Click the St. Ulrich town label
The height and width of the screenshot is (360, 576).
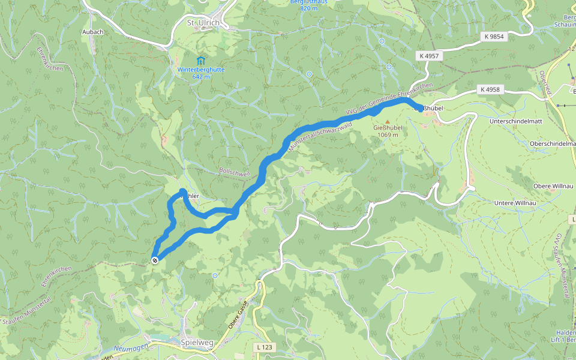click(203, 23)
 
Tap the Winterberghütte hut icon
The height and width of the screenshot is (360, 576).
click(200, 61)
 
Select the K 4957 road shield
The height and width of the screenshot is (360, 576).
click(429, 56)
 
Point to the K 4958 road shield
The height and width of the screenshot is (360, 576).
click(490, 89)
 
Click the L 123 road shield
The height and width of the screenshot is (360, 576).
click(263, 347)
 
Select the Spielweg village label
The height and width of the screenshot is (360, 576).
click(197, 343)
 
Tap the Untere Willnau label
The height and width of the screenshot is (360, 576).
click(514, 203)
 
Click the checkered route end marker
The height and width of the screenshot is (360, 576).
click(155, 260)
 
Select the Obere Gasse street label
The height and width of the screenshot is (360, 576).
click(237, 316)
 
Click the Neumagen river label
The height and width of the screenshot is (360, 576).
click(130, 349)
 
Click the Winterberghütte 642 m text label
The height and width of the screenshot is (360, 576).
click(200, 73)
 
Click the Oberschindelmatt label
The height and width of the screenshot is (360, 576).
click(551, 144)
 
